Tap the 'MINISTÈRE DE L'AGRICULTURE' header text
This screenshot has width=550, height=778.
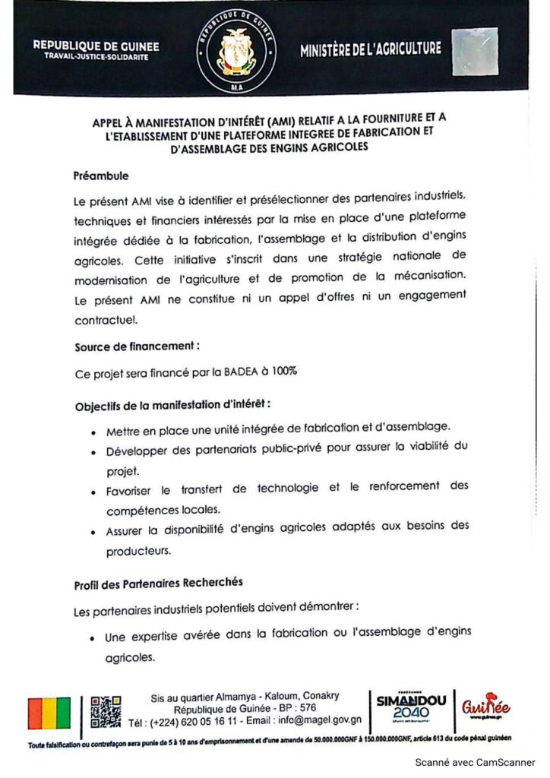(x=370, y=49)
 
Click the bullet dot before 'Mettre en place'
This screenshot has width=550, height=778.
(x=92, y=432)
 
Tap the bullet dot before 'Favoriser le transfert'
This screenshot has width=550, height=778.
(x=92, y=492)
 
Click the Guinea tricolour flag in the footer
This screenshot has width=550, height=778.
(x=49, y=713)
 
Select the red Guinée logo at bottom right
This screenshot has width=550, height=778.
(x=485, y=710)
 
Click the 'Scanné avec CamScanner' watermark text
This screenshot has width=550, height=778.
(x=474, y=762)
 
